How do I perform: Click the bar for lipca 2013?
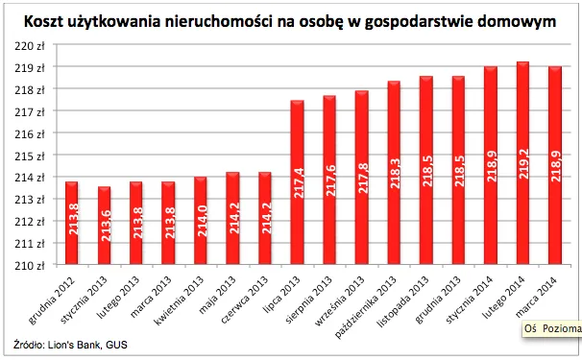click(x=298, y=182)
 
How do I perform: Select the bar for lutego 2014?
click(x=523, y=163)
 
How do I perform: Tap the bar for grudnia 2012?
click(x=71, y=223)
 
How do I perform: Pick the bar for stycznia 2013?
click(x=104, y=226)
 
